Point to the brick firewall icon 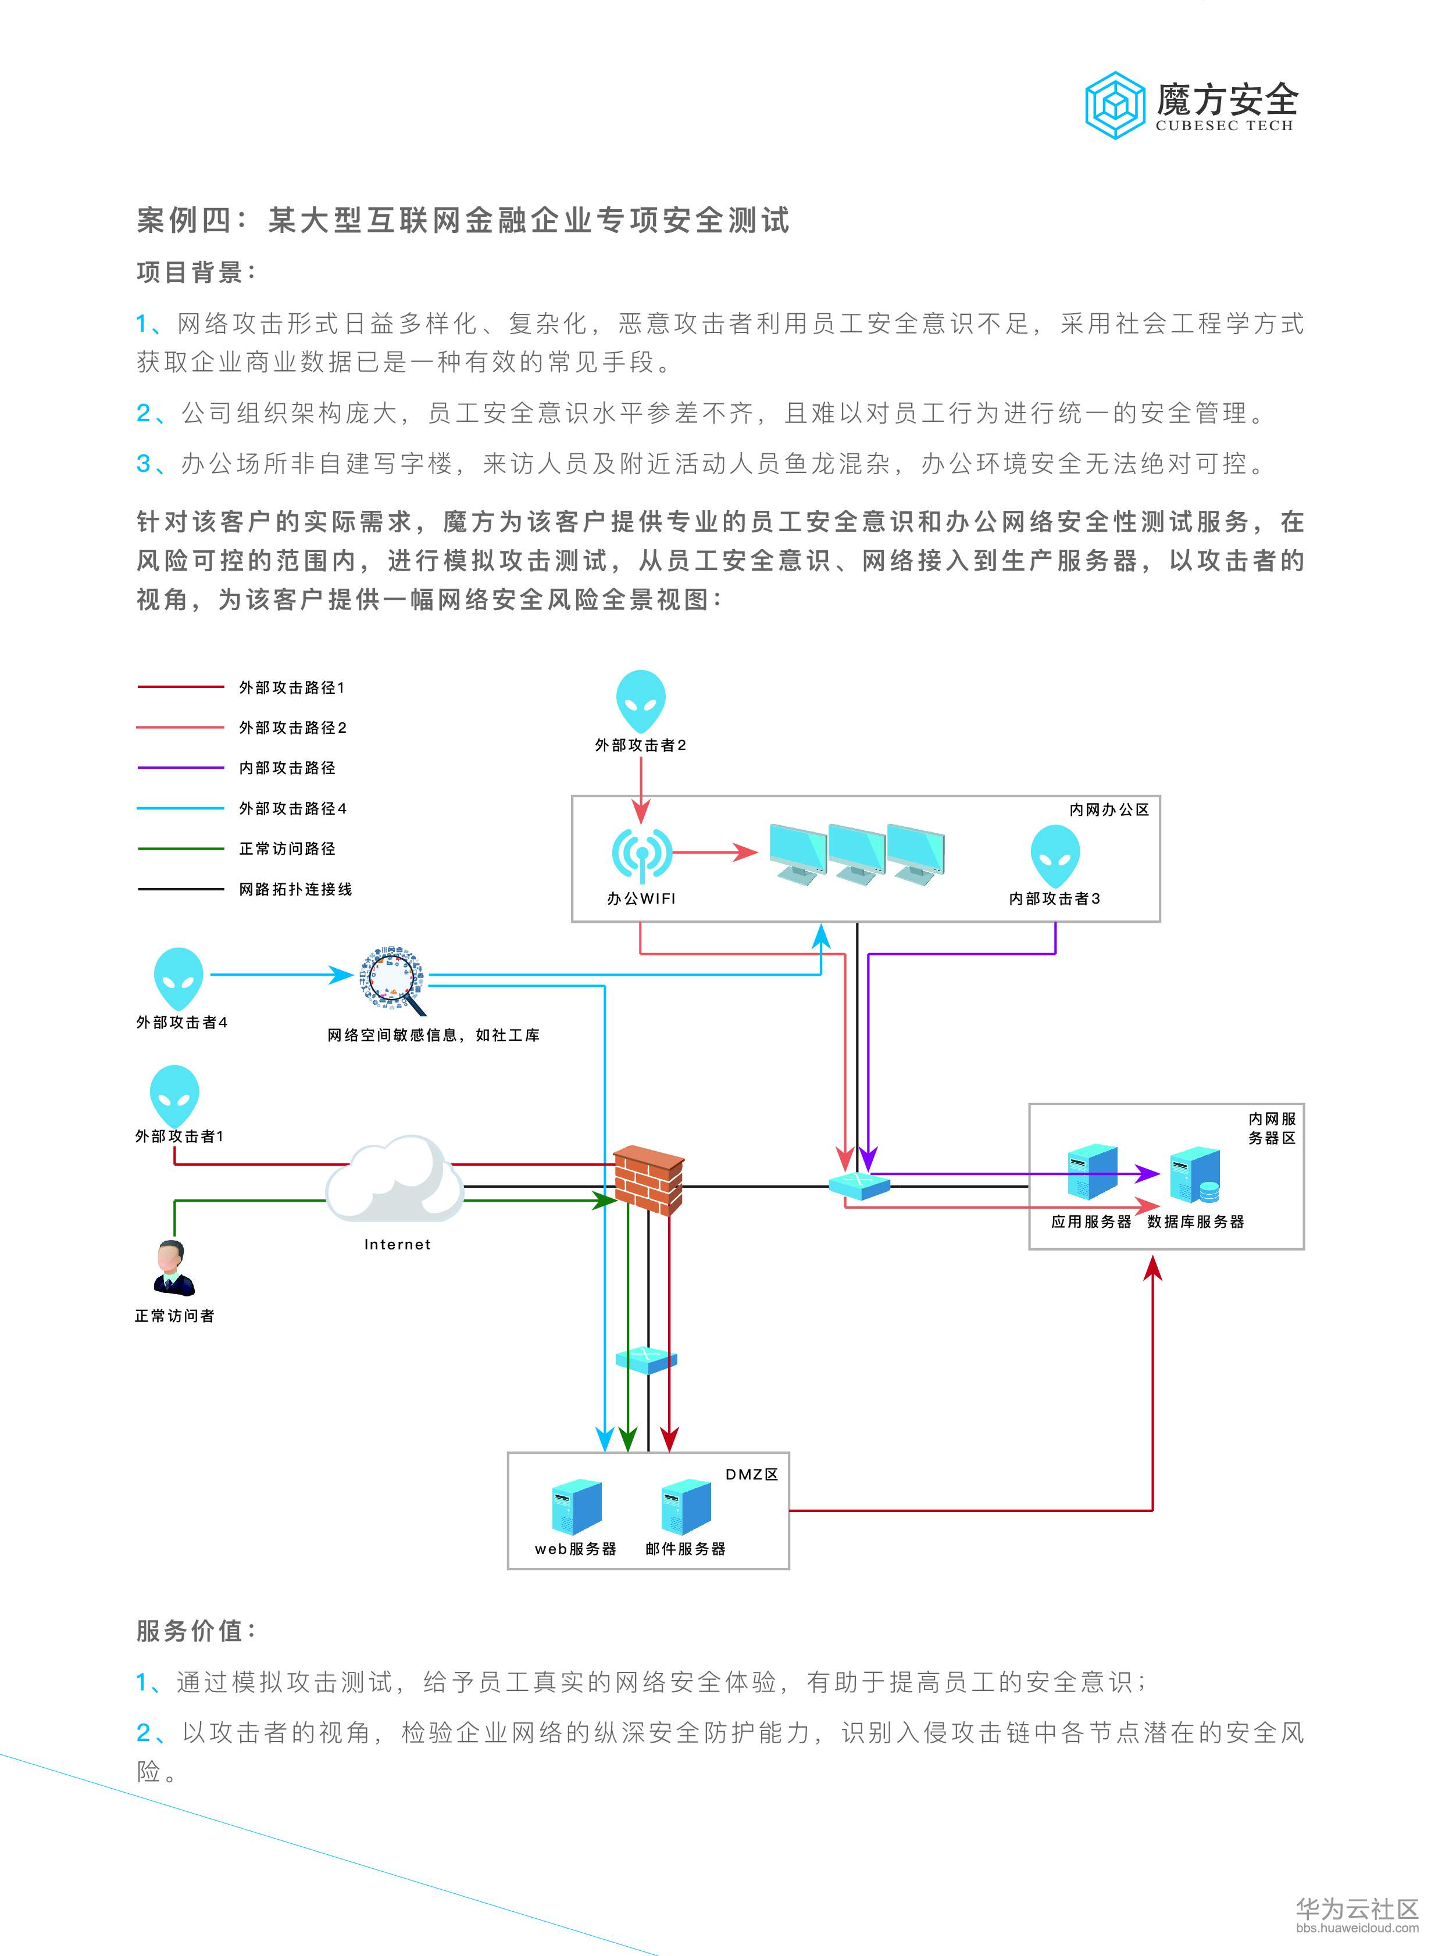[648, 1180]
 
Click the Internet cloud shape [395, 1180]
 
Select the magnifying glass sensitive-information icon [394, 979]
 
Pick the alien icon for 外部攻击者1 [174, 1094]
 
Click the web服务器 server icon [576, 1507]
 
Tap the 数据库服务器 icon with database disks [1194, 1176]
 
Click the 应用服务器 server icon [1092, 1173]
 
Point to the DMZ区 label [751, 1474]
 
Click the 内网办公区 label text [1109, 809]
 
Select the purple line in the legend [181, 768]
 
